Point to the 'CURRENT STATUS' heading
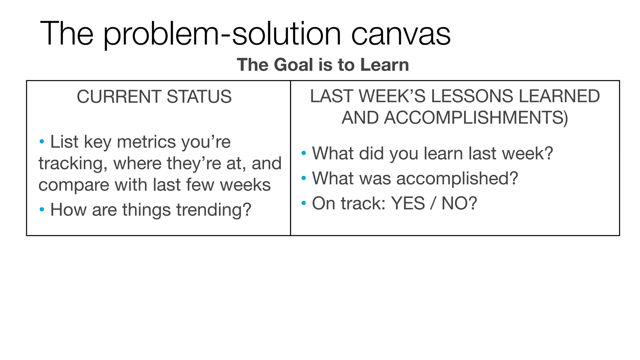pos(154,97)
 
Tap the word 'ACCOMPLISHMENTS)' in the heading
pos(455,118)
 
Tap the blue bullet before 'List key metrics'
pos(42,142)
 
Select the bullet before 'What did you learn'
pos(303,153)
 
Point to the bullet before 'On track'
pos(303,203)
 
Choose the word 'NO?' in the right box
pos(459,203)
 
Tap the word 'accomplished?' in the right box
pos(457,178)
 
